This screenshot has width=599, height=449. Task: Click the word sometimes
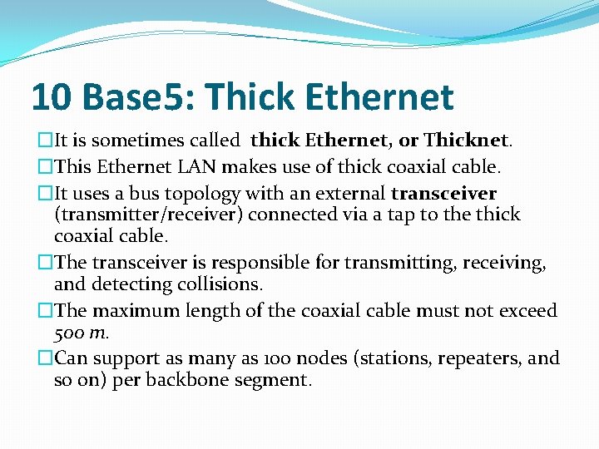coord(120,141)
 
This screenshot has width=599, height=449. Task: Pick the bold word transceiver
coord(443,194)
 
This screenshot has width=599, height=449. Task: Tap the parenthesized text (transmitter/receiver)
coord(148,215)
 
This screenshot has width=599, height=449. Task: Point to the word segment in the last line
coord(275,381)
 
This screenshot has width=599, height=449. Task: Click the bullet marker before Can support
coord(45,358)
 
